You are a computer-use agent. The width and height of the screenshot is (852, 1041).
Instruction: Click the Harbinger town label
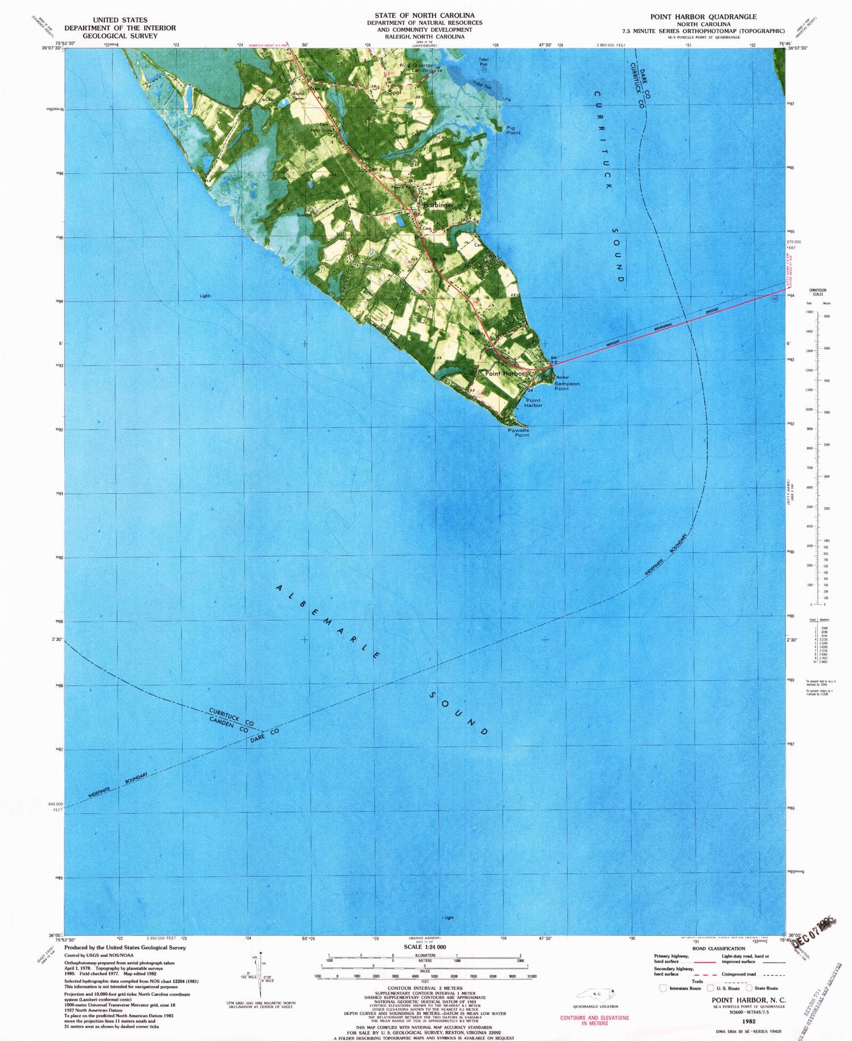[x=438, y=205]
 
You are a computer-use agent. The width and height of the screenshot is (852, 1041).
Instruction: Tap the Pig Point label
[x=513, y=130]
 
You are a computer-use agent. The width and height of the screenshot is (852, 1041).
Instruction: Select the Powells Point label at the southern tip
[x=518, y=433]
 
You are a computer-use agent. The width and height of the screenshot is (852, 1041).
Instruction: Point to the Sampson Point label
[x=566, y=386]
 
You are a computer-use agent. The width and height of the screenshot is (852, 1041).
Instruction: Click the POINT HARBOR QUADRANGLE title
[x=703, y=16]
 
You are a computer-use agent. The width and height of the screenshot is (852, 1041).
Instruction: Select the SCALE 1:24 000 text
[x=425, y=947]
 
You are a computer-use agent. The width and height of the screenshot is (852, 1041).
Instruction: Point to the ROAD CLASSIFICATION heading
[x=719, y=948]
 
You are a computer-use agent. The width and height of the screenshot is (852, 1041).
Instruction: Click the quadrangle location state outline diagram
[x=595, y=994]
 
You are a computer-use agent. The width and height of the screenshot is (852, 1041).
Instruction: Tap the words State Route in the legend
[x=766, y=988]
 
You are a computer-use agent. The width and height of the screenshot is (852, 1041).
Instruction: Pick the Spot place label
[x=395, y=92]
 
